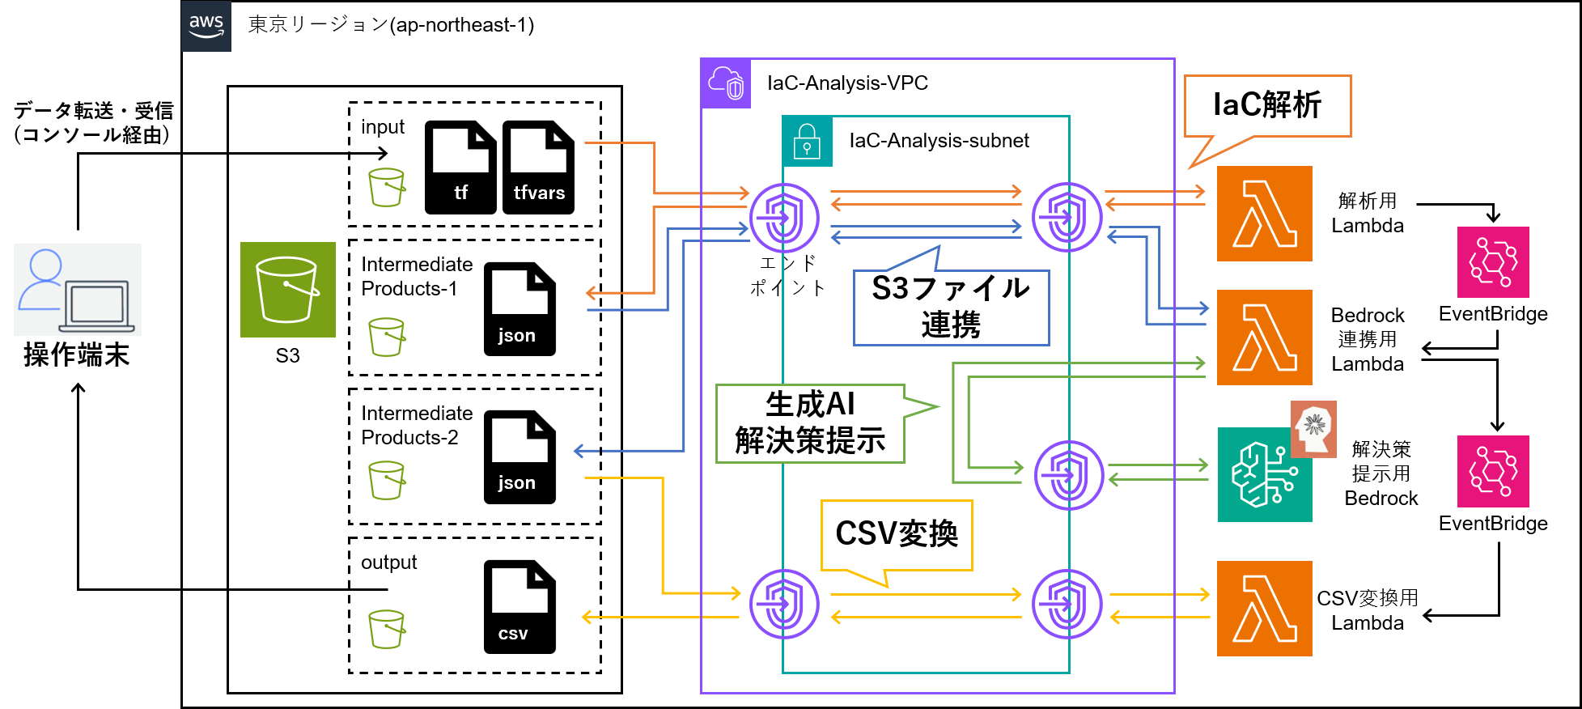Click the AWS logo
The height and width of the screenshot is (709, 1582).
(206, 26)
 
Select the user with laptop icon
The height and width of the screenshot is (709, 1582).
(78, 290)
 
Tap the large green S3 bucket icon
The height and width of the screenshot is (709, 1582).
(287, 290)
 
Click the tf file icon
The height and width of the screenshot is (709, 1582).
(460, 167)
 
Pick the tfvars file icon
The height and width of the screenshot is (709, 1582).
(538, 167)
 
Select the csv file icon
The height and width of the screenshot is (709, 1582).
(520, 606)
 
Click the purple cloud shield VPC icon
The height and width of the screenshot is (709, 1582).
(726, 83)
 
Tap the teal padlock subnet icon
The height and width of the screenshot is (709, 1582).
(807, 142)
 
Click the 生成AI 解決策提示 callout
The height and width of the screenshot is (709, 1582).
(810, 423)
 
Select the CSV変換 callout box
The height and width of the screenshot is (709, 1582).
(896, 535)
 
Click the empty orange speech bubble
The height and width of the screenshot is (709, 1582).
(1267, 106)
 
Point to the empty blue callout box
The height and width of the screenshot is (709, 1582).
(951, 308)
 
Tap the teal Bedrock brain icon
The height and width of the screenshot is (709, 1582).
(1264, 475)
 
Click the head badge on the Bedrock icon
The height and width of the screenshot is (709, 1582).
(1313, 429)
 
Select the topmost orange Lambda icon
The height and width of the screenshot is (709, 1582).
(1264, 214)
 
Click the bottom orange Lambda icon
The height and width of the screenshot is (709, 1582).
(1264, 609)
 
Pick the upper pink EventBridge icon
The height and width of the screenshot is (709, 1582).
(1493, 262)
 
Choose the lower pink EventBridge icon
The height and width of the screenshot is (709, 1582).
(1493, 472)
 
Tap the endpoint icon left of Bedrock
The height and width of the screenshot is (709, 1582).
(1069, 475)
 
